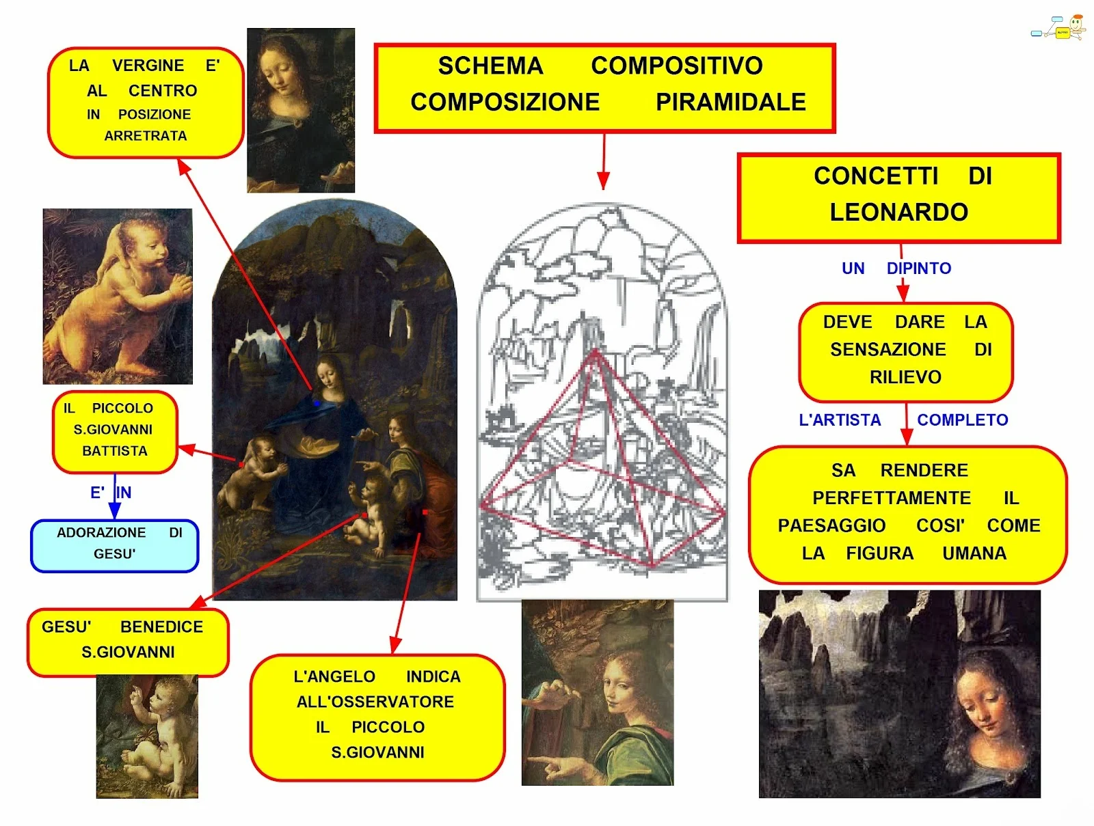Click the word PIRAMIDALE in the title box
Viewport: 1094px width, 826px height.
click(x=730, y=102)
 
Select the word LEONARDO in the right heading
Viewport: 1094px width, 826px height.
click(x=898, y=212)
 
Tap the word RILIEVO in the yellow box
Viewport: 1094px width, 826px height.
click(x=905, y=377)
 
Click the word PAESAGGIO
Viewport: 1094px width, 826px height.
click(x=831, y=525)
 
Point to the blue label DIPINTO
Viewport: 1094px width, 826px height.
click(x=918, y=269)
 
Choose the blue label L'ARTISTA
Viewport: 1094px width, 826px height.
click(x=840, y=420)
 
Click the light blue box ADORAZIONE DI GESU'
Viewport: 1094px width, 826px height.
click(x=115, y=545)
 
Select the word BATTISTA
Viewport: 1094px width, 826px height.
click(x=115, y=451)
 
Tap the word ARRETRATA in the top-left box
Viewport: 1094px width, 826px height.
click(x=146, y=136)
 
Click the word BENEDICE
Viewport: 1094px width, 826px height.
click(x=161, y=627)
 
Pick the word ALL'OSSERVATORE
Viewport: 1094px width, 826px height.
click(x=375, y=702)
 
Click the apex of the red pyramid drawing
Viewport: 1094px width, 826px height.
click(x=595, y=351)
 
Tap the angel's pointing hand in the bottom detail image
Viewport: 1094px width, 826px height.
click(x=554, y=764)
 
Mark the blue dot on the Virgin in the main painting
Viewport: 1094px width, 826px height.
click(x=316, y=404)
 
